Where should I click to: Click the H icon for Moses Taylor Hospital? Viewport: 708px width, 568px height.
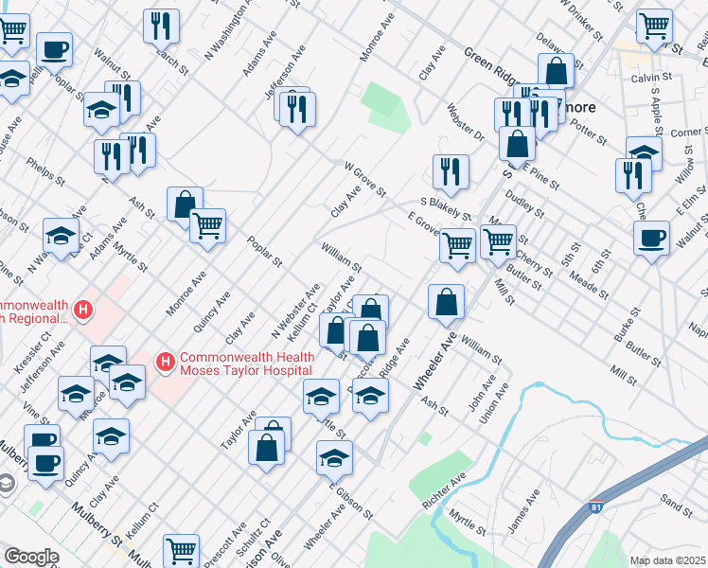pos(166,361)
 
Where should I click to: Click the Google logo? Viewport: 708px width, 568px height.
pos(31,557)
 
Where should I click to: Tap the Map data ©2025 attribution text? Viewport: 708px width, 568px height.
pos(667,560)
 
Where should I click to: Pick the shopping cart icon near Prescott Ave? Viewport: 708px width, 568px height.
pos(181,550)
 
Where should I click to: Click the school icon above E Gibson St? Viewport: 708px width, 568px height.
pos(334,458)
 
